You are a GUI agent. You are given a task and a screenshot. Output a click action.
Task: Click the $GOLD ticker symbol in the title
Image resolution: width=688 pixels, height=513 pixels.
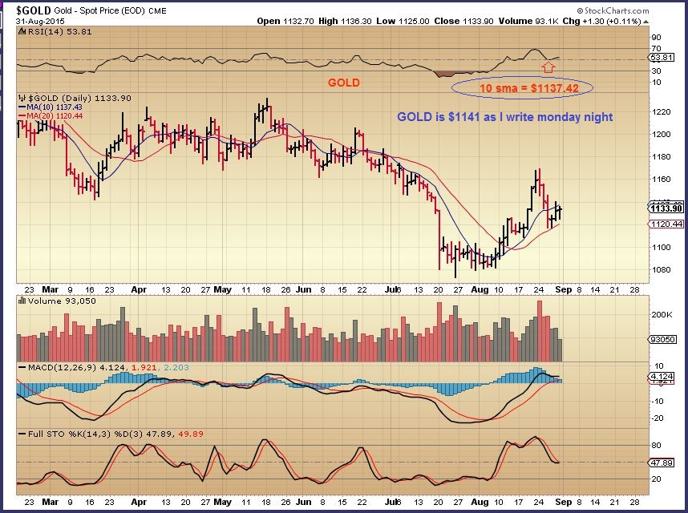pyautogui.click(x=33, y=10)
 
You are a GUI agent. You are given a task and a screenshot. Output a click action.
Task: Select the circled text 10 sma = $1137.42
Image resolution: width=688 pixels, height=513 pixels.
pyautogui.click(x=522, y=87)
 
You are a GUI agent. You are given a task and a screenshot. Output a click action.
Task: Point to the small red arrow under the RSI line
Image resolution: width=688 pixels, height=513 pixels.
pyautogui.click(x=549, y=67)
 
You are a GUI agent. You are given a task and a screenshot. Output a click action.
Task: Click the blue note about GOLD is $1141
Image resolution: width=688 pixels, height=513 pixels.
pyautogui.click(x=505, y=117)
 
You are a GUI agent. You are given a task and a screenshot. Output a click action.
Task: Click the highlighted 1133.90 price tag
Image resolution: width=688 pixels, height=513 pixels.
pyautogui.click(x=665, y=208)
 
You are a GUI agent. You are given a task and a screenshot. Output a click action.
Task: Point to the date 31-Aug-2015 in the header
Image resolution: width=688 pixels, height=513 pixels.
pyautogui.click(x=39, y=20)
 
